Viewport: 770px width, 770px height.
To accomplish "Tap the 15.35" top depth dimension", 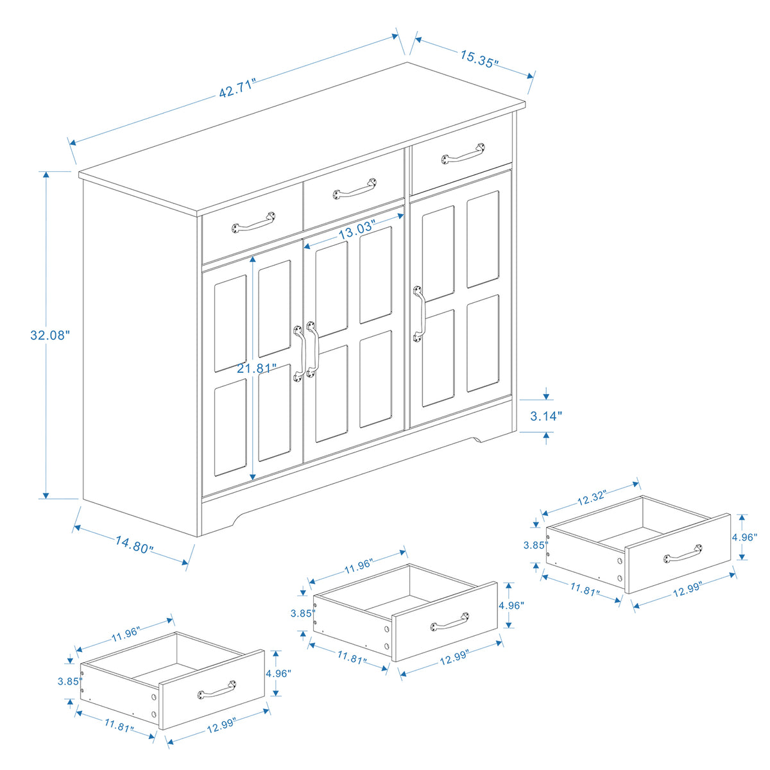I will tap(479, 59).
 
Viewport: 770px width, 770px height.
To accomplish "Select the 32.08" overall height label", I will tap(49, 335).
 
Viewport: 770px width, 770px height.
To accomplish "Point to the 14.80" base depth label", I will tap(134, 546).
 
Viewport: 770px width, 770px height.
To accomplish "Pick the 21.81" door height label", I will tap(256, 368).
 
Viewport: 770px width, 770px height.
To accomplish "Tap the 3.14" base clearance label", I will tap(546, 415).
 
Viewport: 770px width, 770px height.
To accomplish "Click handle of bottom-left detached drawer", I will tap(217, 689).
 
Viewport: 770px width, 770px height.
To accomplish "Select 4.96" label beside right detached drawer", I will tap(744, 537).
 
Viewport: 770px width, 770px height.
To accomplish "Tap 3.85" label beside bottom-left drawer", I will tap(69, 681).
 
